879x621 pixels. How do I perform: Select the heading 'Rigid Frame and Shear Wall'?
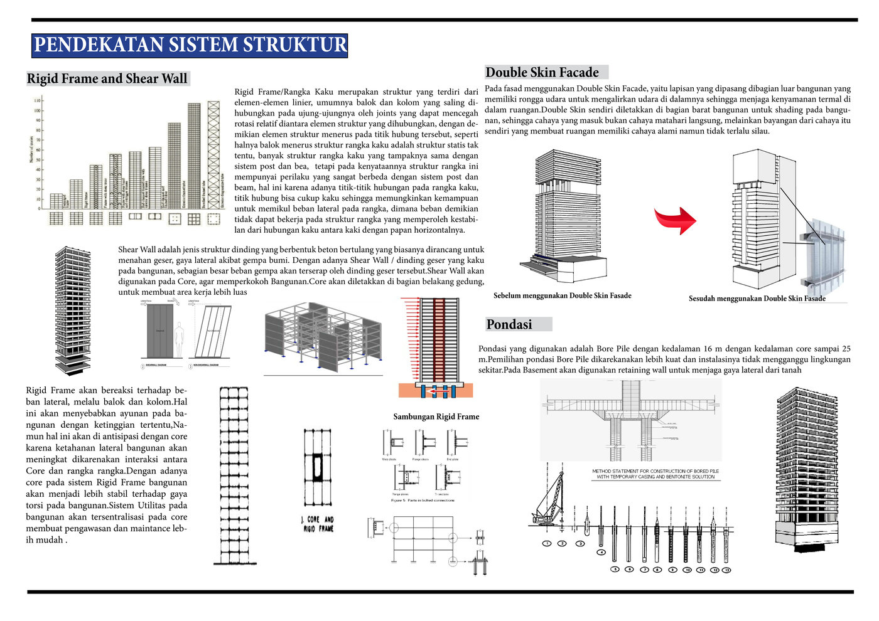[107, 78]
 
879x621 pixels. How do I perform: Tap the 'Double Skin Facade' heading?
[542, 72]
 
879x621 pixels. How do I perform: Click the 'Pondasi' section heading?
[509, 324]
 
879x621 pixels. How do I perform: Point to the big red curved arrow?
[676, 220]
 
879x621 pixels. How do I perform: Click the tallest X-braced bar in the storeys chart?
[214, 155]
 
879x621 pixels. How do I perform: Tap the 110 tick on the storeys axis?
[38, 100]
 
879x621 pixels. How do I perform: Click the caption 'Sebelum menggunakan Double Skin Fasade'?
[563, 295]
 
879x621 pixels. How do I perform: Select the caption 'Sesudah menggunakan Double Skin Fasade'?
[757, 299]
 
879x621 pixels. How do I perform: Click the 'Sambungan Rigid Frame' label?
[436, 417]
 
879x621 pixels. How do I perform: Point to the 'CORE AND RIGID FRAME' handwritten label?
[318, 524]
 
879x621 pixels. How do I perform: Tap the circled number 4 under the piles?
[601, 552]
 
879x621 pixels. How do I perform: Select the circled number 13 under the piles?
[726, 570]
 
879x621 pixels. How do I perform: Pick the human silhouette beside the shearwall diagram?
[180, 339]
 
